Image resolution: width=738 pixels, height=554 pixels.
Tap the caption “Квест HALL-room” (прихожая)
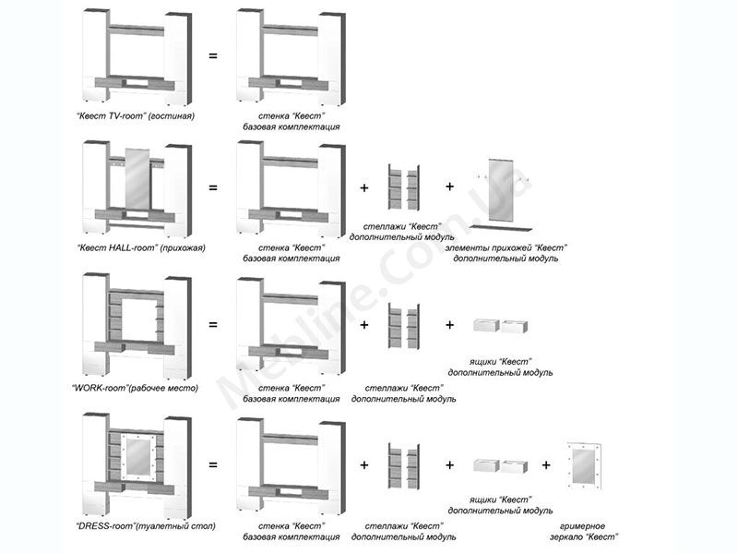[x=140, y=248]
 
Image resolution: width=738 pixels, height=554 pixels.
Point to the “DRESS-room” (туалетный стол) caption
[x=146, y=525]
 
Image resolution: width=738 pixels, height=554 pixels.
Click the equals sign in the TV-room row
[x=213, y=56]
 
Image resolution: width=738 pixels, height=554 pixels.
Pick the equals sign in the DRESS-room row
[x=213, y=464]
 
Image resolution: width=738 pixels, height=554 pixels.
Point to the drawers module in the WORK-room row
[x=499, y=325]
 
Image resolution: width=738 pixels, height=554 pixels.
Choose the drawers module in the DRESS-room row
[x=499, y=464]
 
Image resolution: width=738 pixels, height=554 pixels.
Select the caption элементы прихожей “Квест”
[x=506, y=253]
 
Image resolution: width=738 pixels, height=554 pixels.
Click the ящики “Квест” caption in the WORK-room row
[x=499, y=367]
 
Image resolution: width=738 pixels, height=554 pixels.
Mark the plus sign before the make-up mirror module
[x=546, y=464]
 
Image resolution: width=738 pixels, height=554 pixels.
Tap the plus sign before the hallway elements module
[x=450, y=187]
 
